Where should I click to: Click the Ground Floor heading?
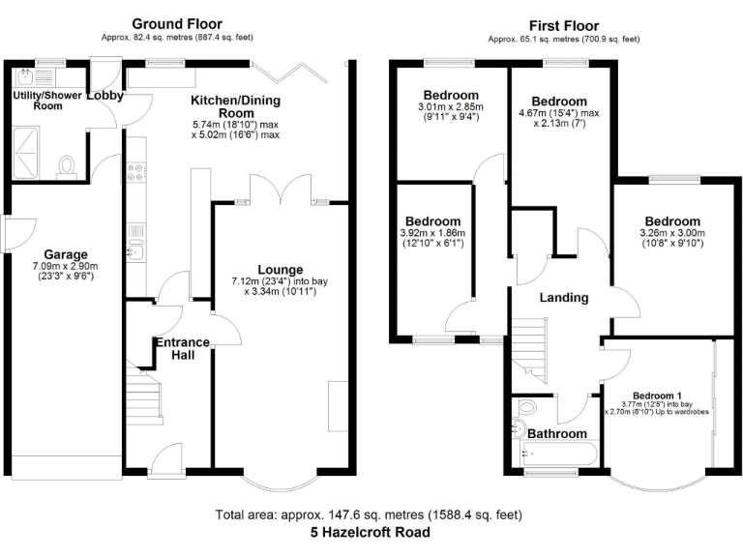[177, 24]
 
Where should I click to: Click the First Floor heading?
[563, 25]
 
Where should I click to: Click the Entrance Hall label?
[184, 348]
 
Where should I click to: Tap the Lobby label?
[104, 96]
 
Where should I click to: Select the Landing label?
[563, 298]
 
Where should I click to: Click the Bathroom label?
[556, 434]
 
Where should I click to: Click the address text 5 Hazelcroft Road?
[371, 532]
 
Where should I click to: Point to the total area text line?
[371, 514]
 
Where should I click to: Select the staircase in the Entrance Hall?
[142, 396]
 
